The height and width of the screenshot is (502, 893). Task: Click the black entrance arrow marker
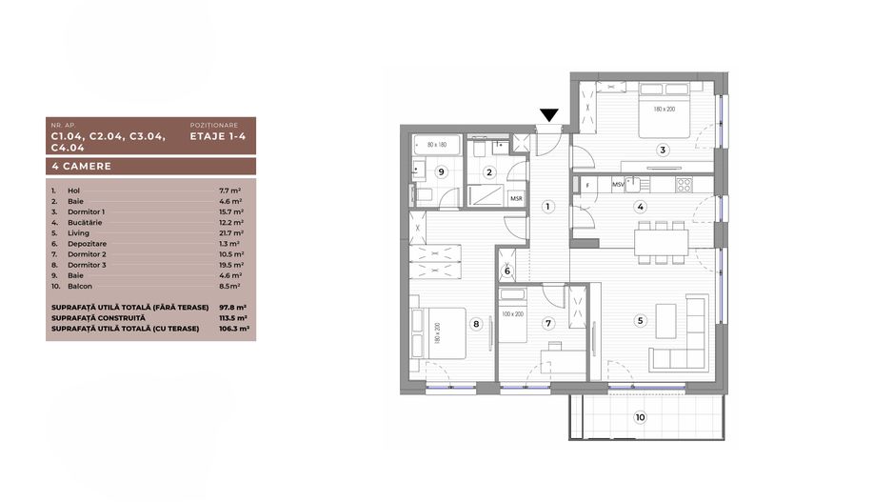pos(549,115)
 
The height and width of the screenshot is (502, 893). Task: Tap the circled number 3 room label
pos(663,151)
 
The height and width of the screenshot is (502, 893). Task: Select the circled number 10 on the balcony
pos(640,417)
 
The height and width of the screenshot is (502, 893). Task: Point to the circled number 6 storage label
pos(507,271)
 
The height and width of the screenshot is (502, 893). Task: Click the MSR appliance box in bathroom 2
pos(517,198)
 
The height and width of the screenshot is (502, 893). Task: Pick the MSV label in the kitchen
pos(618,185)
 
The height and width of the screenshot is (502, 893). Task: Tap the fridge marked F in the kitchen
pos(587,185)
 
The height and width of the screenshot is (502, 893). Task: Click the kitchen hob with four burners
pos(684,185)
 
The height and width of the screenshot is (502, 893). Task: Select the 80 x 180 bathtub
pos(437,145)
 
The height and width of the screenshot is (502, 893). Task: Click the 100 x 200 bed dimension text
pos(512,314)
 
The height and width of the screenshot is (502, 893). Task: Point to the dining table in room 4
pos(662,243)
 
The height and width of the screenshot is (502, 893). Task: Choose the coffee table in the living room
pos(666,321)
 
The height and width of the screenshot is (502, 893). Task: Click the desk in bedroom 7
pos(564,360)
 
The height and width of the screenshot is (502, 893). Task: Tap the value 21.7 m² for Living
pos(231,233)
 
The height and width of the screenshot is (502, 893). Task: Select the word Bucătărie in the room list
pos(85,223)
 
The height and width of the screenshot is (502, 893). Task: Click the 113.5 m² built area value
pos(233,318)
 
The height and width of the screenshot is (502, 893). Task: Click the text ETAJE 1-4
pos(218,136)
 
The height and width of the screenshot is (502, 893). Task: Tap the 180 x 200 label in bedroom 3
pos(665,109)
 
